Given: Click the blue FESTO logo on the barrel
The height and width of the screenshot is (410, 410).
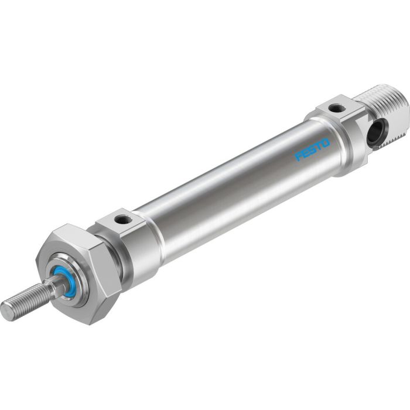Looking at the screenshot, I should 313,149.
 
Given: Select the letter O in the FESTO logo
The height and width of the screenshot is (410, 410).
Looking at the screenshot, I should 326,142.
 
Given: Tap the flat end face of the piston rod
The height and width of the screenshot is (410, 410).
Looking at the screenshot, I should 6,311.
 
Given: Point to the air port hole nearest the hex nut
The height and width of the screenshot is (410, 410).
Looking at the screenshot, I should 123,220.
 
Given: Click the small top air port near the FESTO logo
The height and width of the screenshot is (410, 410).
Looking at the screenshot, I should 337,108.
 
